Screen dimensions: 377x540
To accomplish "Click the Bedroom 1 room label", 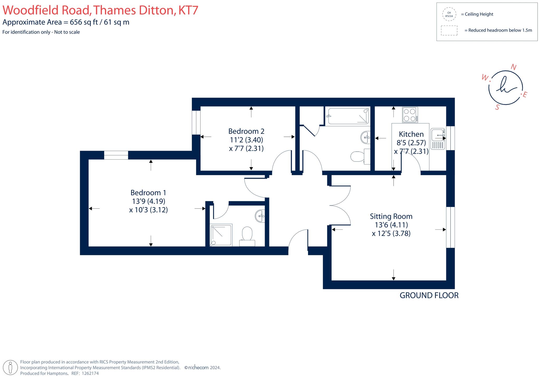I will [x=148, y=193].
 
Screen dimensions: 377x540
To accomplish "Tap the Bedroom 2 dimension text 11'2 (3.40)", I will [x=246, y=140].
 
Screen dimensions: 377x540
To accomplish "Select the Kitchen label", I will [x=411, y=134].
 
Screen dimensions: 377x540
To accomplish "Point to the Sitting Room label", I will [x=391, y=216].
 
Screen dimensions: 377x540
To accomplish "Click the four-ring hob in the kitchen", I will [x=410, y=115].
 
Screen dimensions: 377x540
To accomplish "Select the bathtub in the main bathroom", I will [x=347, y=116].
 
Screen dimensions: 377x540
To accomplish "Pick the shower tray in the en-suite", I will [x=221, y=235].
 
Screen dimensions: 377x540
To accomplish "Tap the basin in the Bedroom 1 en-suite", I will [x=260, y=216].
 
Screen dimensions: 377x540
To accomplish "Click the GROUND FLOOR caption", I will [x=429, y=295].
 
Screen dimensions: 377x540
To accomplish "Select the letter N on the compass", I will [x=513, y=67].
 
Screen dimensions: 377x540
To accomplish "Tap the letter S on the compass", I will [x=497, y=107].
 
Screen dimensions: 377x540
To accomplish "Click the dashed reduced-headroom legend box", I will [x=449, y=30].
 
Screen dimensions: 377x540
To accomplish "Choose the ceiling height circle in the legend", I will [x=449, y=14].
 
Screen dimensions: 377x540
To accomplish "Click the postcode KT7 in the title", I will [x=188, y=10].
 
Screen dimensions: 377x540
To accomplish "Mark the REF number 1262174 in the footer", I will [x=90, y=373].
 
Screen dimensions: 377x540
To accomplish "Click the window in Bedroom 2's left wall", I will [x=196, y=122].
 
